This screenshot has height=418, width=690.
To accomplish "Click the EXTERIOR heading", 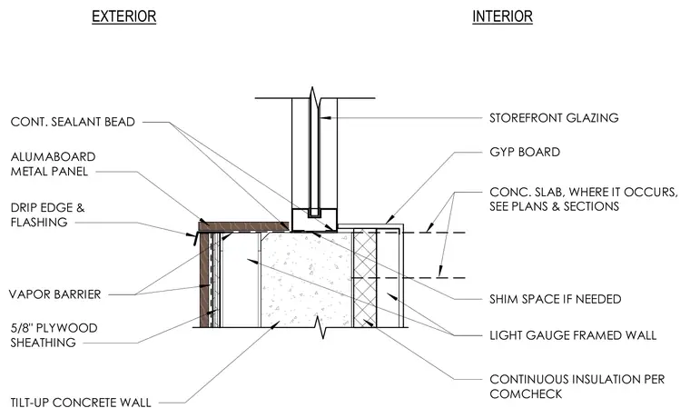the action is click(123, 16).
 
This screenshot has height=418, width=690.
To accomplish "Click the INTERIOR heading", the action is click(502, 16).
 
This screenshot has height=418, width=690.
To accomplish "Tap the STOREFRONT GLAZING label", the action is click(554, 118).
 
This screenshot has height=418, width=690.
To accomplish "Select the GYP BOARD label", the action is click(525, 153).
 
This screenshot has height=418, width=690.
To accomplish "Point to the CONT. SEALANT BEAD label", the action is click(73, 122).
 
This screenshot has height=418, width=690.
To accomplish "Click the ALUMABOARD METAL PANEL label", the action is click(53, 164).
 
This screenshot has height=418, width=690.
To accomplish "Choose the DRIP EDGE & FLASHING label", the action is click(47, 215).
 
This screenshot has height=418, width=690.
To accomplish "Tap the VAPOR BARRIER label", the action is click(55, 294).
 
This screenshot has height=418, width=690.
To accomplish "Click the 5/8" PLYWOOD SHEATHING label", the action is click(54, 335).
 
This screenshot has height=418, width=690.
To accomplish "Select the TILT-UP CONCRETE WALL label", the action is click(81, 403).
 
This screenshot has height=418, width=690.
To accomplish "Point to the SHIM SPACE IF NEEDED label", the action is click(556, 300).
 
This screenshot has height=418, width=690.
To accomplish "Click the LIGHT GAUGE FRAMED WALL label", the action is click(573, 335).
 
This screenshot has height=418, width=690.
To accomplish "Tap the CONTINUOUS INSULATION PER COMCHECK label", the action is click(577, 387).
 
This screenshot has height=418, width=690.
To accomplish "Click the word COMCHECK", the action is click(526, 393).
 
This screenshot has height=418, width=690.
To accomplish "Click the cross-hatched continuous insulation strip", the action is click(365, 278).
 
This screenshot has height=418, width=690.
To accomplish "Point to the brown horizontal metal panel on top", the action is click(243, 226).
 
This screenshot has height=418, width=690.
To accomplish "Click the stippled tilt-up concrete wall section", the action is click(307, 280).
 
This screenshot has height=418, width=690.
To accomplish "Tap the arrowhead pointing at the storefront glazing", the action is click(324, 118).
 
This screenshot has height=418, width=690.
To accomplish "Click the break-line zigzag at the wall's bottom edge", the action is click(323, 327).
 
